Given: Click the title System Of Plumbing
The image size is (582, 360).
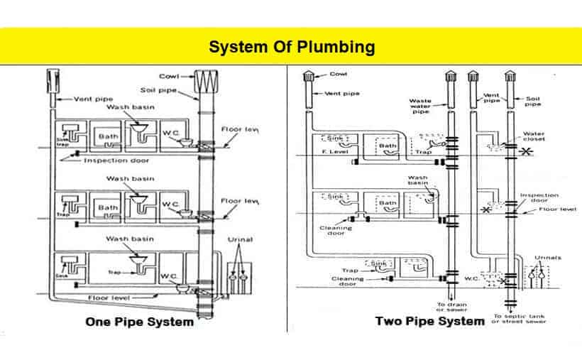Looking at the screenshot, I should tap(291, 47).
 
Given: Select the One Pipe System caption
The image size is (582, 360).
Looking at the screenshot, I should tap(139, 322).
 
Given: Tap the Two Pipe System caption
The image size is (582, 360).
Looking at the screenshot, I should tap(430, 321).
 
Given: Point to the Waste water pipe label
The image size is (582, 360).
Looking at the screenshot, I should tap(419, 105).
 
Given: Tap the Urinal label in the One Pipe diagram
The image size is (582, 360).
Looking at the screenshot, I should tap(240, 240).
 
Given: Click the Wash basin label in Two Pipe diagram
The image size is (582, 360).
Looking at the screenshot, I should tap(417, 181).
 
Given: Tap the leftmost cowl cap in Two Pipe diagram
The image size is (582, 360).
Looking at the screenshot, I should tap(308, 77).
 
